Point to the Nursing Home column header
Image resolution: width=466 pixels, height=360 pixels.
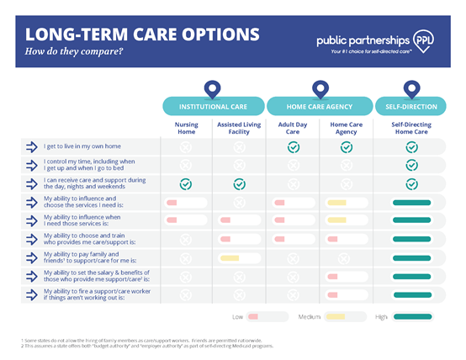click(186, 129)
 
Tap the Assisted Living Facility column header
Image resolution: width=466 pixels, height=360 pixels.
click(240, 129)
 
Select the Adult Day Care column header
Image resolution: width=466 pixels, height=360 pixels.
click(294, 129)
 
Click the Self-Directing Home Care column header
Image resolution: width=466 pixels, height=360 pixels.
click(411, 129)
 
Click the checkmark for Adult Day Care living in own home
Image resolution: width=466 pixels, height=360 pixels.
click(294, 147)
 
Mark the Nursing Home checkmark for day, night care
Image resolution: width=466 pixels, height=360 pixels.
click(186, 184)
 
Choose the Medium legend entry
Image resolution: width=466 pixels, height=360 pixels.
click(322, 317)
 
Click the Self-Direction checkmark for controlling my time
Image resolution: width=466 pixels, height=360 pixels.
click(411, 166)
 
